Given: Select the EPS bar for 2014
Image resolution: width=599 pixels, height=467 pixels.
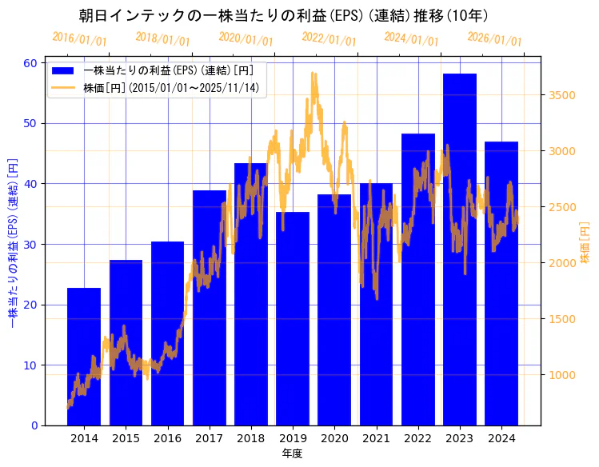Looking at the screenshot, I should pyautogui.click(x=84, y=356).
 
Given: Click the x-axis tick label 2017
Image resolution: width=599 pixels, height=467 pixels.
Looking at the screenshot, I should pyautogui.click(x=209, y=438).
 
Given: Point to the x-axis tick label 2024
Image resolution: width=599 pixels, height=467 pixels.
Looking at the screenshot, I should pyautogui.click(x=501, y=438).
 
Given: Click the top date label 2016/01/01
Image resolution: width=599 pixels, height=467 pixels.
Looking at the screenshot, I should pyautogui.click(x=79, y=38).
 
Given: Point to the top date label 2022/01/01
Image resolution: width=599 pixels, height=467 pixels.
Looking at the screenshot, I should pyautogui.click(x=329, y=38).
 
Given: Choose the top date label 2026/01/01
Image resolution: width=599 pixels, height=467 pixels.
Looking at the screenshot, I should pyautogui.click(x=494, y=38).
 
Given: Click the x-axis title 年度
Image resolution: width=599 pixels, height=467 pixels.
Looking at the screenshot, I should pyautogui.click(x=293, y=453).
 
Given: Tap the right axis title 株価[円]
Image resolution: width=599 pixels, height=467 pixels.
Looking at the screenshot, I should pyautogui.click(x=585, y=244).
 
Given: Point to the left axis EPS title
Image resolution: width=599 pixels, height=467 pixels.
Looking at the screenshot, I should pyautogui.click(x=13, y=244).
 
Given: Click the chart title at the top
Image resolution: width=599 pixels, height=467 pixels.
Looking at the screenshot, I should pyautogui.click(x=284, y=15).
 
